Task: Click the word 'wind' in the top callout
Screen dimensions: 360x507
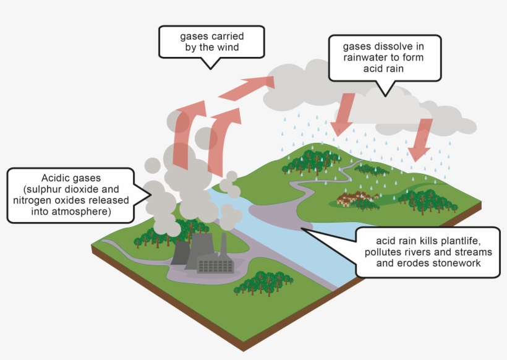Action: (x=225, y=46)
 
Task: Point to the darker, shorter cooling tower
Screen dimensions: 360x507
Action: (x=179, y=254)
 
